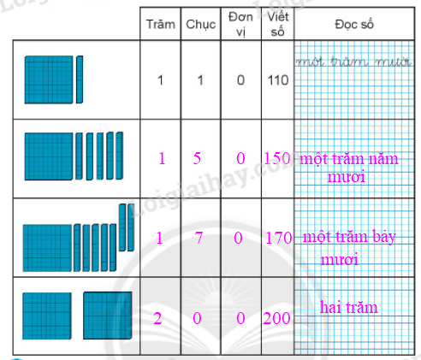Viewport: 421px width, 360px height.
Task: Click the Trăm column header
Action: tap(161, 24)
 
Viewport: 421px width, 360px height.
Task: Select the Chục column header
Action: tap(201, 25)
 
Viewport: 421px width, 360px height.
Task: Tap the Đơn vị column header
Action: tap(240, 24)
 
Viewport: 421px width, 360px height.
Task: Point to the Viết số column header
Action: tap(278, 24)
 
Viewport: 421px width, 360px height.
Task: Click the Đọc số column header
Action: tap(354, 25)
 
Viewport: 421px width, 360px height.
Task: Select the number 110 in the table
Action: tap(278, 80)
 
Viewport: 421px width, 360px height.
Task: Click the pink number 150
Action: tap(277, 158)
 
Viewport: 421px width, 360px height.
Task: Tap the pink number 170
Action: tap(279, 238)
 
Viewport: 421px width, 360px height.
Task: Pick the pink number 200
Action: tap(276, 318)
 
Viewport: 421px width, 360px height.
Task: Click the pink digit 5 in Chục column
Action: tap(197, 158)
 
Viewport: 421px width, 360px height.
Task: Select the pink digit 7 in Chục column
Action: tap(199, 238)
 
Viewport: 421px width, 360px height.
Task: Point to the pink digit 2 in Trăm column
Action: tap(157, 318)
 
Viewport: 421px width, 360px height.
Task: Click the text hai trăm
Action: tap(348, 307)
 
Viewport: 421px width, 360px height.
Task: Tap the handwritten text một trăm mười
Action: tap(353, 62)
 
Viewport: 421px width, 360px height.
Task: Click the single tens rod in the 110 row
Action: tap(80, 80)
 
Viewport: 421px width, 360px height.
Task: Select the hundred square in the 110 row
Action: tap(49, 80)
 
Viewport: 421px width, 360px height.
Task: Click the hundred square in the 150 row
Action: tap(49, 156)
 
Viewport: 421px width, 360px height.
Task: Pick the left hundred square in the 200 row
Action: tap(47, 316)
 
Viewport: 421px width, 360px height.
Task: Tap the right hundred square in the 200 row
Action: tap(108, 316)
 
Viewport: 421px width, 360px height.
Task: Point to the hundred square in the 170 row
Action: tap(47, 248)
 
